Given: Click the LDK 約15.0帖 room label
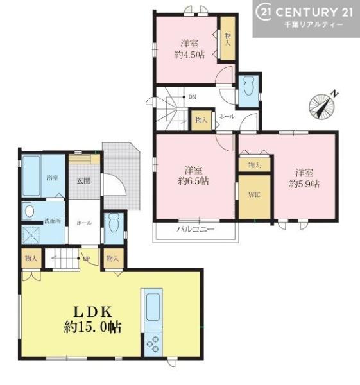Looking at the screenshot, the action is [92, 319].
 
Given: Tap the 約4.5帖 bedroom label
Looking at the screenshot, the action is [189, 49].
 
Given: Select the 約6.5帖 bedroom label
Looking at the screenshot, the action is [194, 175].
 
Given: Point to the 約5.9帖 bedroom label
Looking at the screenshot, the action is [304, 178].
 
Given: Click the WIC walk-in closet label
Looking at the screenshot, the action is [254, 195].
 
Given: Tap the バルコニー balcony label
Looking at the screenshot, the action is [196, 229].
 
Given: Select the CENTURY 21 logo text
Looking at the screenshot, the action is [305, 12].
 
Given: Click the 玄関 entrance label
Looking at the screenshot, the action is [84, 181].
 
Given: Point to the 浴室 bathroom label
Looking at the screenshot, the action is [53, 178].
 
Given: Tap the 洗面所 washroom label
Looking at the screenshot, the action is [53, 221].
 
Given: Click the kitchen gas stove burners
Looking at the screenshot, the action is [153, 344].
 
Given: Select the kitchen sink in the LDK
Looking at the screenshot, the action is [153, 307].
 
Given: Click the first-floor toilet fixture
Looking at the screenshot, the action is [114, 223].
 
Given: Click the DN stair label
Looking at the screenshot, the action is [192, 97].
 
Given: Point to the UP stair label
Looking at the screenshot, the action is [87, 259].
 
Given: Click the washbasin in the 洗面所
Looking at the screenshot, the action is [30, 211].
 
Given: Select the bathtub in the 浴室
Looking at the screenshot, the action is [31, 176].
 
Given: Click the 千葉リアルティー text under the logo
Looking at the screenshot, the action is [313, 24].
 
